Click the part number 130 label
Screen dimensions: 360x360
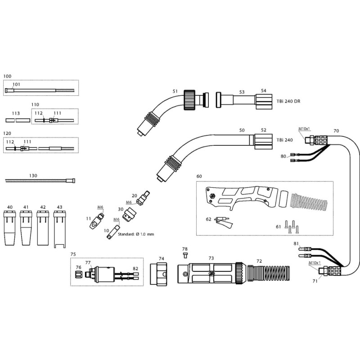tap(33, 175)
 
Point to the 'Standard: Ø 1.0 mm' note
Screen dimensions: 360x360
tap(135, 234)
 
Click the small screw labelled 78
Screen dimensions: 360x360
tap(185, 255)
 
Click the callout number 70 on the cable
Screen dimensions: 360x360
tap(336, 130)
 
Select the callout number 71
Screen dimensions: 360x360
tap(315, 280)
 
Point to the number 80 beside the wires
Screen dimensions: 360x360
tap(283, 157)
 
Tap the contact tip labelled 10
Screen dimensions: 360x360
tap(109, 234)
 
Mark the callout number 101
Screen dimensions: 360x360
tap(16, 84)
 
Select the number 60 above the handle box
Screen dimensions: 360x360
tap(199, 176)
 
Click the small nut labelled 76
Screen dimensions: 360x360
tap(78, 274)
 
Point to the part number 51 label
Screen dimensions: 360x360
tap(175, 91)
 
